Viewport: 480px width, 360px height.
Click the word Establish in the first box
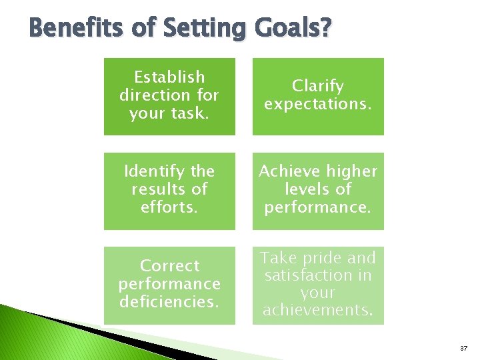click(x=169, y=77)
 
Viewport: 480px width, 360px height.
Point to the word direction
click(x=149, y=95)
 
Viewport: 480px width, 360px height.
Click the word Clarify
click(x=318, y=87)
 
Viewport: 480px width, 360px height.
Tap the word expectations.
click(x=318, y=105)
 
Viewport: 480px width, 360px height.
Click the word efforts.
click(x=169, y=207)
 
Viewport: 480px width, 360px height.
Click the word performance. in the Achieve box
click(x=318, y=207)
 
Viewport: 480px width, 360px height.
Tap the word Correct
click(x=169, y=266)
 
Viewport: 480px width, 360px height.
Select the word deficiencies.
click(x=169, y=302)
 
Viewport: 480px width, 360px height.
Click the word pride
click(x=319, y=258)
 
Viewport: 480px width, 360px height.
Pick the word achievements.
click(x=318, y=310)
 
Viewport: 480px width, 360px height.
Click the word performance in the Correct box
click(x=169, y=284)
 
